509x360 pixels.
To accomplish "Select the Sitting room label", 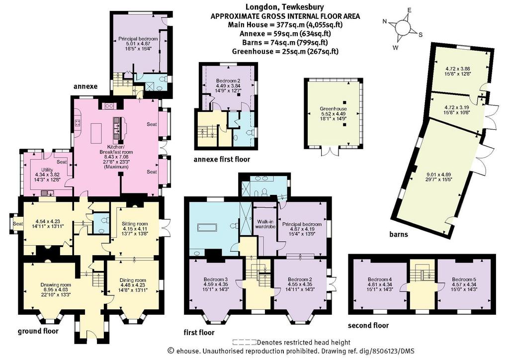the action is tap(135, 223).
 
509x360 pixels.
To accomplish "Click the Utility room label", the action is tap(47, 170).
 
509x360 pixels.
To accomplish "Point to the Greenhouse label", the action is tap(333, 109).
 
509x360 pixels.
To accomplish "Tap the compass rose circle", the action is tap(403, 27).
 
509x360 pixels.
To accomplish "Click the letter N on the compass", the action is tap(385, 22).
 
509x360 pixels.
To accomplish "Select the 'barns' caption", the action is tap(399, 234).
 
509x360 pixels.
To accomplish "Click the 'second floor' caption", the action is tap(368, 325).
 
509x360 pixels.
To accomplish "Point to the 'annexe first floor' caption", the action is tap(222, 160).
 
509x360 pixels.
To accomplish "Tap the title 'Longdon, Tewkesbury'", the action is tap(284, 7).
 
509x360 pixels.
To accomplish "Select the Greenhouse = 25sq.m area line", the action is tap(285, 51).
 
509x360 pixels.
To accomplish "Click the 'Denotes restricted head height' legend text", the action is tap(304, 342).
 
